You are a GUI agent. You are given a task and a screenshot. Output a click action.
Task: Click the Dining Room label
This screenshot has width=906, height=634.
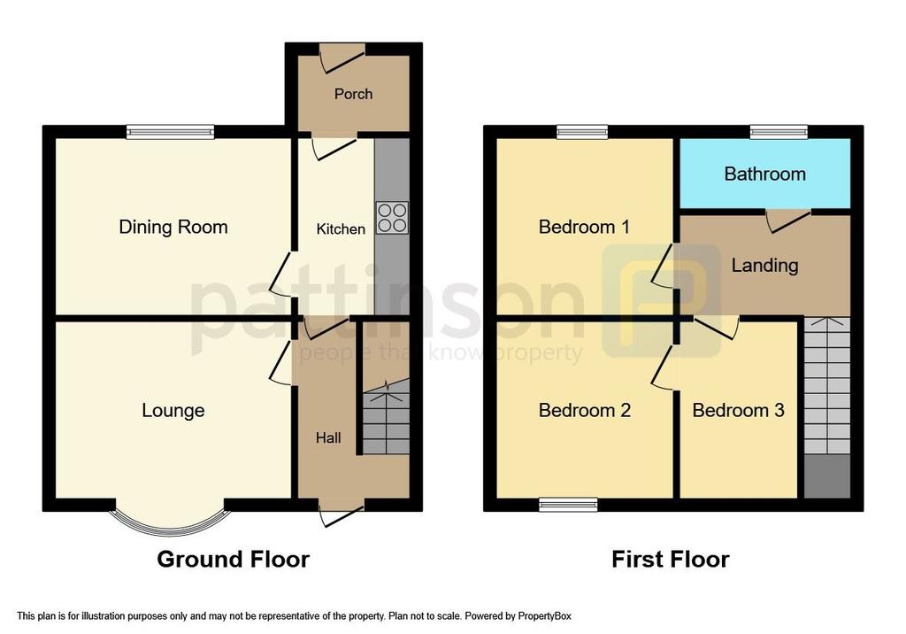(173, 227)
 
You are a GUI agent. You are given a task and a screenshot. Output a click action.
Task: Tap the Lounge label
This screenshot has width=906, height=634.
(173, 411)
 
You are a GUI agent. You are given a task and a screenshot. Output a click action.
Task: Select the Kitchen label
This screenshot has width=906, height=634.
(341, 229)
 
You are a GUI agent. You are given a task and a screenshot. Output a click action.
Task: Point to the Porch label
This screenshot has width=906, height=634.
(353, 94)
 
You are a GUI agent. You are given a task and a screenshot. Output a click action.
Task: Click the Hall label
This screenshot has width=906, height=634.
(328, 438)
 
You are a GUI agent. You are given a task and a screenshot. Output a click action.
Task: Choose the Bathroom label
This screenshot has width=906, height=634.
(765, 174)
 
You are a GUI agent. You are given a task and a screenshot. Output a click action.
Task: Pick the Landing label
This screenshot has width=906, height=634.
(765, 265)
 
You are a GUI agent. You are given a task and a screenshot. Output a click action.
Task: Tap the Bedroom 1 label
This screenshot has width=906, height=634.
(584, 227)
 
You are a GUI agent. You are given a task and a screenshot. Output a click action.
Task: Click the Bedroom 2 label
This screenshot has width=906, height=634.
(584, 411)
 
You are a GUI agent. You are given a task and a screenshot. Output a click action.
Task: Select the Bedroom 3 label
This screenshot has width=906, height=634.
(739, 411)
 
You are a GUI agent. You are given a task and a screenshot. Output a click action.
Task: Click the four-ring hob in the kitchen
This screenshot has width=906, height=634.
(392, 218)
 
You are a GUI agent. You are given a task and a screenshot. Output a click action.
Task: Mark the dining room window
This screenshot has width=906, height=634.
(171, 132)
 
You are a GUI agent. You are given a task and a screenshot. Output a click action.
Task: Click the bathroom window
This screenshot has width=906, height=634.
(779, 132)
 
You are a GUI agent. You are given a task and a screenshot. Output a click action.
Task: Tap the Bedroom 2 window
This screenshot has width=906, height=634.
(569, 505)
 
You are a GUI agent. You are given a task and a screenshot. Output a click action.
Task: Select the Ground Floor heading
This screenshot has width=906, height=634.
(234, 560)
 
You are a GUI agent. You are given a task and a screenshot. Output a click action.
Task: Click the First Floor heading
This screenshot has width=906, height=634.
(671, 560)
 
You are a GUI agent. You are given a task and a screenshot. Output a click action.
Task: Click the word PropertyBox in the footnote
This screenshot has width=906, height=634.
(544, 616)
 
